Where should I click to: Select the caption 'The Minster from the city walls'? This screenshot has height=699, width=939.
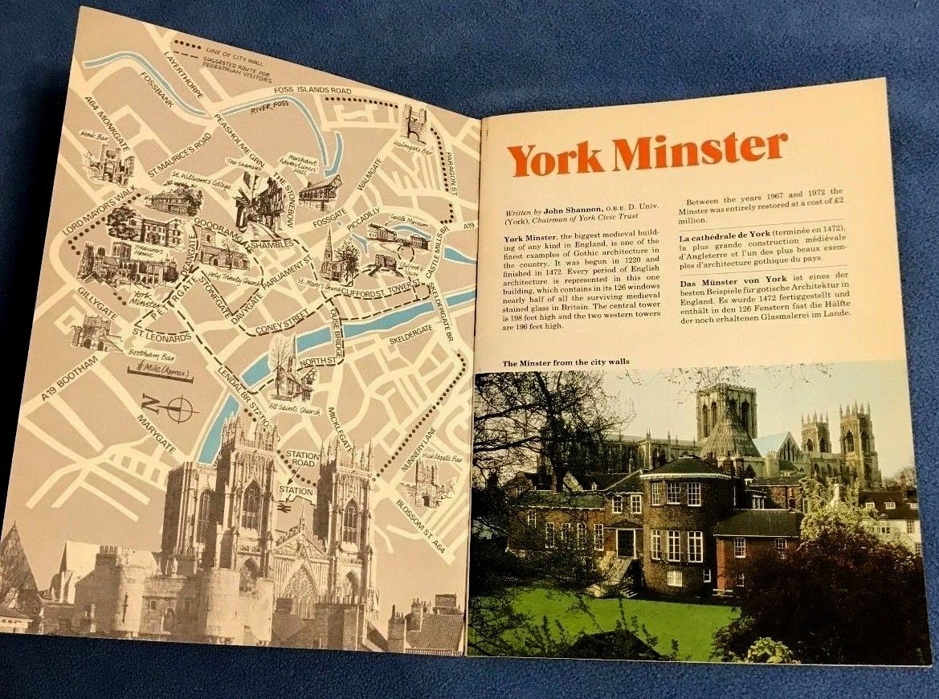click(x=565, y=363)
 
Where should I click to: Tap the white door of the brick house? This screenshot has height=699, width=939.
click(x=625, y=543)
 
